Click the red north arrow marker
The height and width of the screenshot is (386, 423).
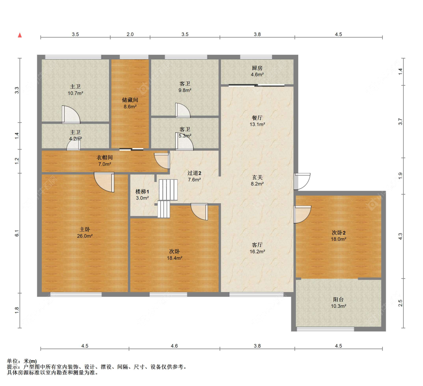tap(20, 35)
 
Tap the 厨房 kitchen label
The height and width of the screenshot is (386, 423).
tap(257, 68)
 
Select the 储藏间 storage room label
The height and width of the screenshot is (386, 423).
tap(130, 100)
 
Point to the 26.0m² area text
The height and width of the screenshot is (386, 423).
tap(85, 236)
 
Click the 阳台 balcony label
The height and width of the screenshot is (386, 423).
tap(338, 300)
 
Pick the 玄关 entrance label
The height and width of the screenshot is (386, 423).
tap(257, 177)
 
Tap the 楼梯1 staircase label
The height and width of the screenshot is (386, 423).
tap(142, 192)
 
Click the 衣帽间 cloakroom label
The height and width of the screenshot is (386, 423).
tap(105, 157)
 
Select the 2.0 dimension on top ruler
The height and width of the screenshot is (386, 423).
tap(130, 34)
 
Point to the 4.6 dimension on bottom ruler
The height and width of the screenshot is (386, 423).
tap(174, 346)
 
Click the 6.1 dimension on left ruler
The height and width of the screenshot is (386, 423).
tap(17, 233)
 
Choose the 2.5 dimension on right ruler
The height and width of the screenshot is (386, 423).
tap(400, 303)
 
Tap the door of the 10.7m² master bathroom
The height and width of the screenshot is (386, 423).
tap(71, 114)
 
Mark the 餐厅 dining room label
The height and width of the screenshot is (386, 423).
tap(257, 118)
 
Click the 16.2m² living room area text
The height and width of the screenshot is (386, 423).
tap(257, 252)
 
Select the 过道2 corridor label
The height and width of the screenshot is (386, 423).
tap(194, 173)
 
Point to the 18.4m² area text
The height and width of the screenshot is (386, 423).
tap(174, 258)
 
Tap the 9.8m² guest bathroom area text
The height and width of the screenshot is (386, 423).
tap(185, 90)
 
